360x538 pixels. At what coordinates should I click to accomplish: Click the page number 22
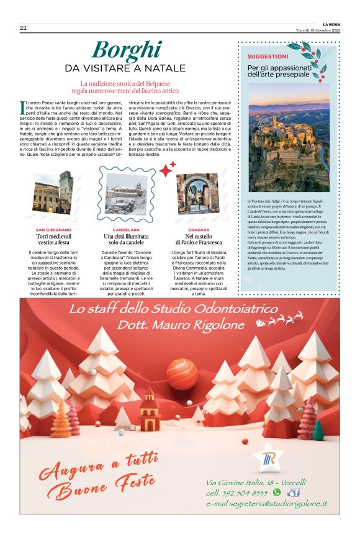coord(23,28)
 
